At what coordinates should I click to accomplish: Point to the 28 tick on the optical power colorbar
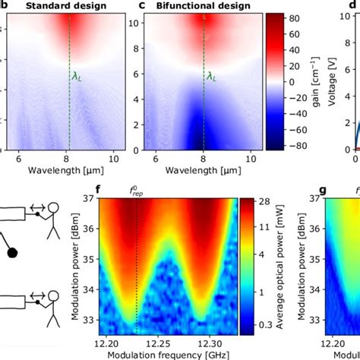pos(267,202)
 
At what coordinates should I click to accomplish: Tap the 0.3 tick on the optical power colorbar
pos(268,324)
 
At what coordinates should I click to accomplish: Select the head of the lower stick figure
pos(58,302)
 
